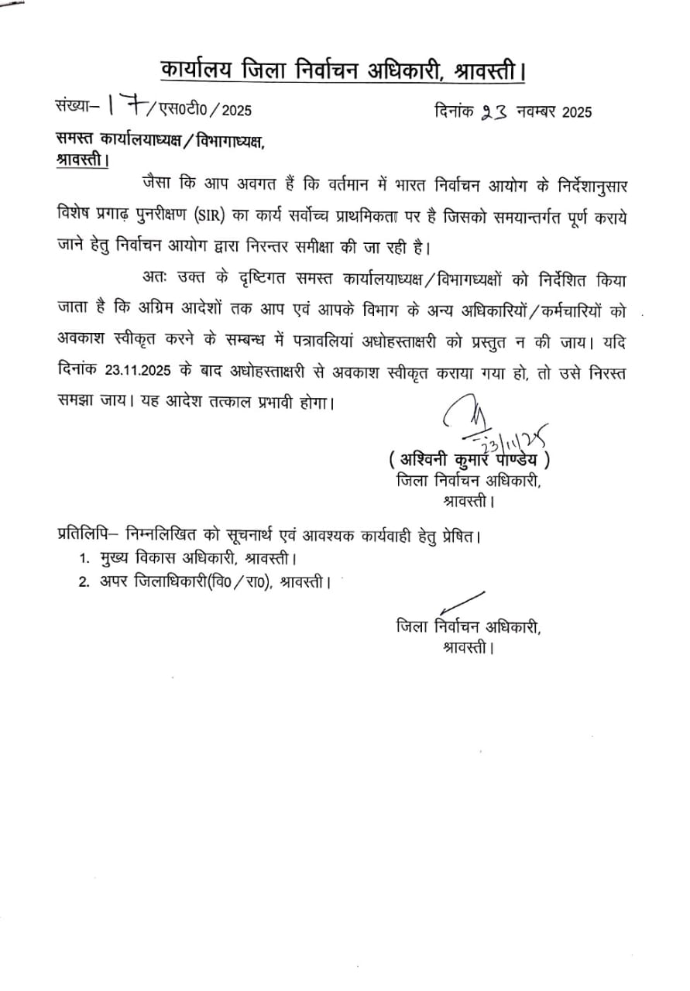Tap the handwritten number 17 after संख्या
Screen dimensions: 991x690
pyautogui.click(x=124, y=108)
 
